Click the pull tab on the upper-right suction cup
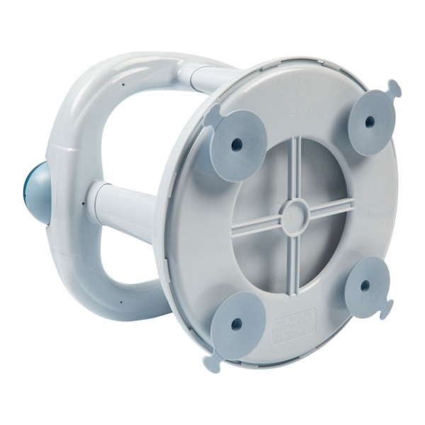pos(394,89)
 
